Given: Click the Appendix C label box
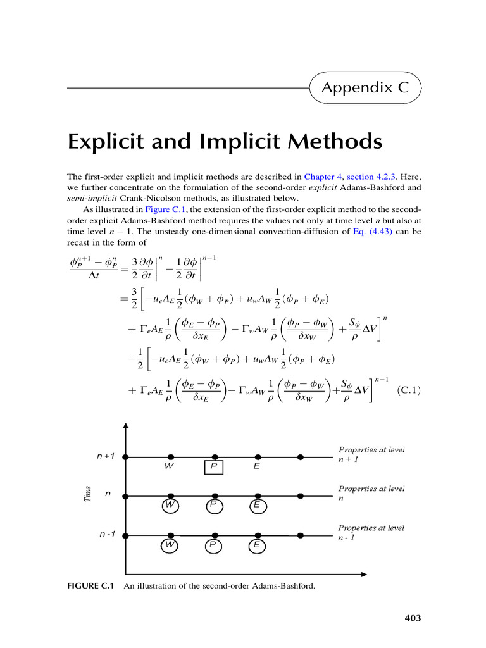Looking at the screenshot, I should [366, 87].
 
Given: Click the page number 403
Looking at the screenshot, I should [413, 618].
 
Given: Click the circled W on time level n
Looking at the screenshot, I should [170, 506].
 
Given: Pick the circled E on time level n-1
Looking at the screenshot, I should [257, 545].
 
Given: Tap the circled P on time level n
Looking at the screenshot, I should [214, 506].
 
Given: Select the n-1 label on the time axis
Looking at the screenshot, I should [107, 535].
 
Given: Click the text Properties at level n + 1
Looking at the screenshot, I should [371, 454].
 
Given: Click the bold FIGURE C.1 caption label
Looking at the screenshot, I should [90, 586].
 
